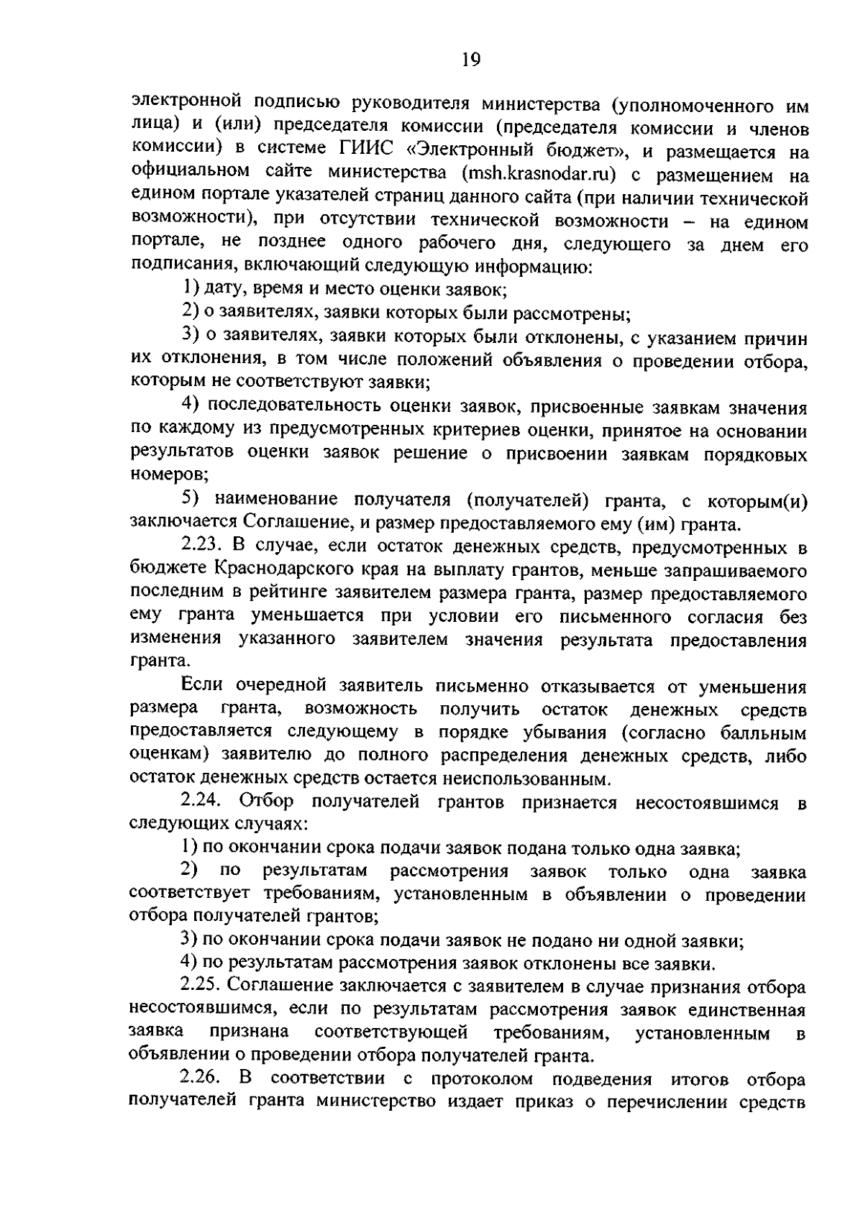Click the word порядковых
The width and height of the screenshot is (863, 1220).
click(756, 454)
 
